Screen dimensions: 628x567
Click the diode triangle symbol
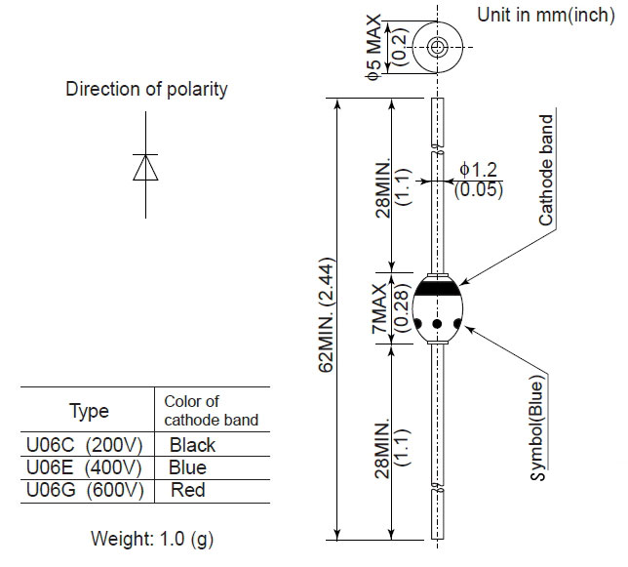coord(145,168)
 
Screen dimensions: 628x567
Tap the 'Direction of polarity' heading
coord(146,89)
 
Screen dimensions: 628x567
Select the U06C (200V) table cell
coord(85,445)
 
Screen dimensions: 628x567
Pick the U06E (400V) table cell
coord(84,467)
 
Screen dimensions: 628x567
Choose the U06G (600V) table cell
coord(85,490)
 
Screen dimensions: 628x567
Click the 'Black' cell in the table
coord(192,445)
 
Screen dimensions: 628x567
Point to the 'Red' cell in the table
coord(188,490)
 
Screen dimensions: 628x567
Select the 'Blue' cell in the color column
coord(187,467)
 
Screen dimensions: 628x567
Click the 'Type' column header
coord(89,411)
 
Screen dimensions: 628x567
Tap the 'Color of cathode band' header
coord(211,411)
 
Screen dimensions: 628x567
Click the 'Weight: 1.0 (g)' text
coord(152,539)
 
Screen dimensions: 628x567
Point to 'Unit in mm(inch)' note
coord(546,16)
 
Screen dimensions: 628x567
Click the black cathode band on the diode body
coord(437,288)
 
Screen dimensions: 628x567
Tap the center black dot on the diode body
coord(437,323)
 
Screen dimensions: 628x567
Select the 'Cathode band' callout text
coord(545,171)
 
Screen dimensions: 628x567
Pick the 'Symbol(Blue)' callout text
coord(537,427)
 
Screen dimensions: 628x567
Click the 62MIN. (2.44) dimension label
coord(326,315)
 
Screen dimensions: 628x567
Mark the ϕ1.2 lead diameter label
coord(478,170)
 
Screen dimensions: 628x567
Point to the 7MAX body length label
coord(379,308)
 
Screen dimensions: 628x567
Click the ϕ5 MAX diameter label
coord(373,47)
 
